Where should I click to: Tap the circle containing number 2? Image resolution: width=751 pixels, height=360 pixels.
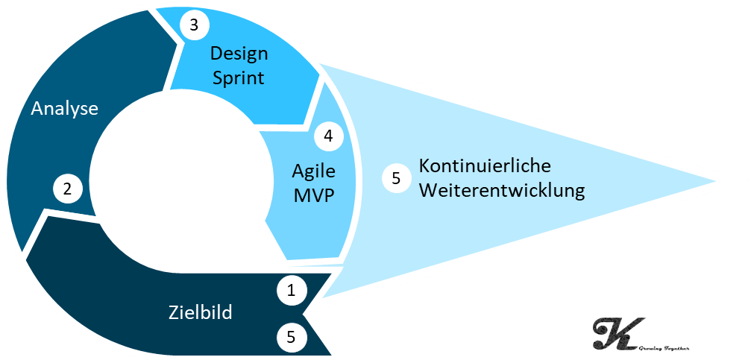[x=67, y=189]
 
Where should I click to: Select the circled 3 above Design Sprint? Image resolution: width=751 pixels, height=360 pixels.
[x=194, y=25]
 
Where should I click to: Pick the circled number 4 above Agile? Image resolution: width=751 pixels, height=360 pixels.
[x=328, y=136]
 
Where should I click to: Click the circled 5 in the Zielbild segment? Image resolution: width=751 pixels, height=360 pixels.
[x=292, y=337]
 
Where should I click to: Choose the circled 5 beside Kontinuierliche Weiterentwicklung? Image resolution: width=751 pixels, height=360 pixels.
[x=396, y=178]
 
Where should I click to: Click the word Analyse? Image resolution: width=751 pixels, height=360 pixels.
[x=64, y=109]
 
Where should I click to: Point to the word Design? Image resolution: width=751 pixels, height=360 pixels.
[x=239, y=54]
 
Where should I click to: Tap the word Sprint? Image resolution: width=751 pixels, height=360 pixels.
[x=239, y=78]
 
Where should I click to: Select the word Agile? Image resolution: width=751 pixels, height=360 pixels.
[x=313, y=171]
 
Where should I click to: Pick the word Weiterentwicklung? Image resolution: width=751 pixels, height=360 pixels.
[x=501, y=190]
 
